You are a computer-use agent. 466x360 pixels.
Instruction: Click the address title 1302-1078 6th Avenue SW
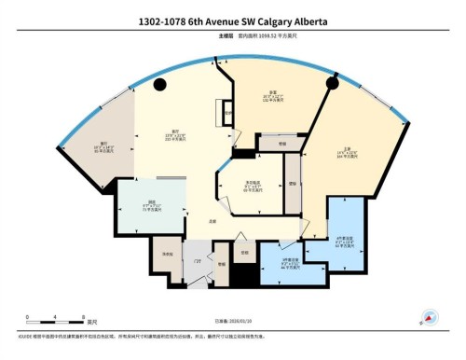coord(232,20)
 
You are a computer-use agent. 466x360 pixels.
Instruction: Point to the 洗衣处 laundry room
coord(169,253)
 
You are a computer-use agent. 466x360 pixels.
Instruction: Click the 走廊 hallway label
coord(213,221)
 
